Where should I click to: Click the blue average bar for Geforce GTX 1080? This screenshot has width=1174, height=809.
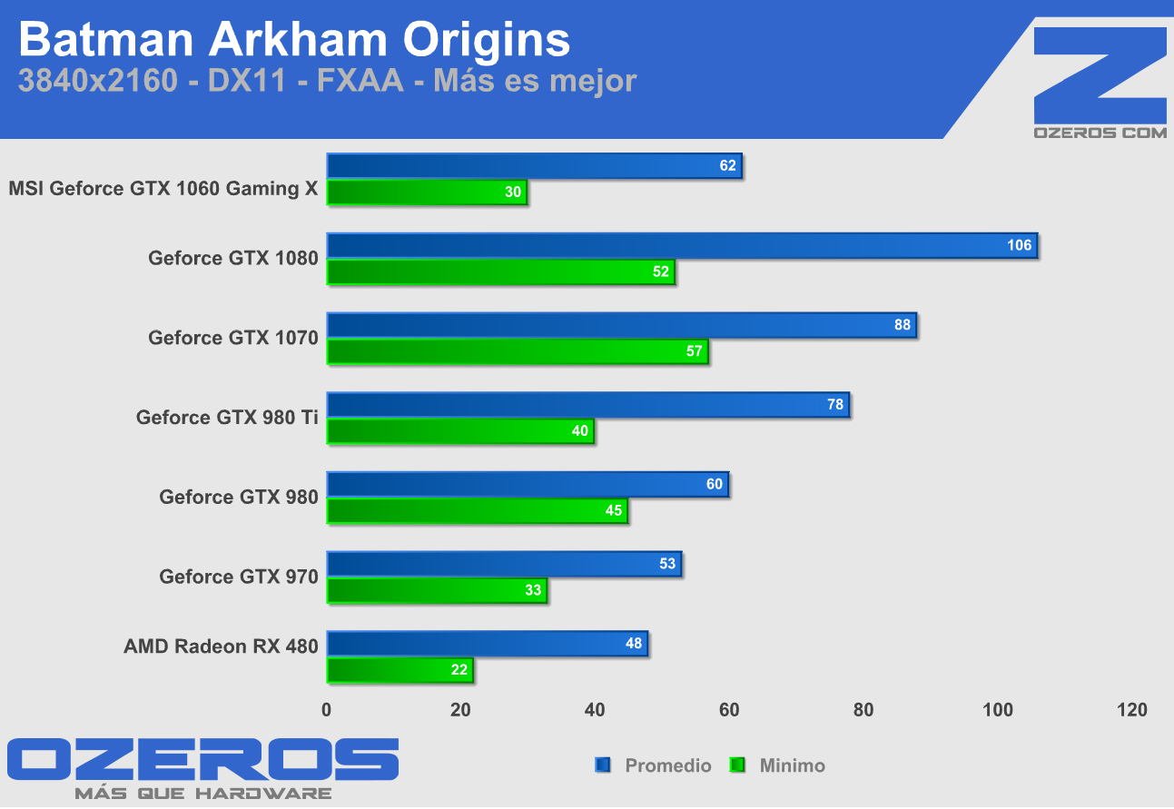[x=681, y=246]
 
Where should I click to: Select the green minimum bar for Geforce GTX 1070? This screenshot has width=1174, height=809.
[x=518, y=351]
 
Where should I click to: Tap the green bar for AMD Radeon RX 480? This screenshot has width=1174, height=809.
[x=400, y=671]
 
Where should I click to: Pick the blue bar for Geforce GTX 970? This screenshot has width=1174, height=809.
[x=504, y=565]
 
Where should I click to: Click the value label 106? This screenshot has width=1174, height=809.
[x=1019, y=246]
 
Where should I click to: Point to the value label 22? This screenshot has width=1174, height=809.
[x=459, y=671]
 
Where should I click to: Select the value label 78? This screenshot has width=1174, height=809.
[x=835, y=405]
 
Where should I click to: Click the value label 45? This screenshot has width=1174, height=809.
[x=614, y=511]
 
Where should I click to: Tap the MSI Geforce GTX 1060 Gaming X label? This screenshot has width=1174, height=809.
[x=163, y=189]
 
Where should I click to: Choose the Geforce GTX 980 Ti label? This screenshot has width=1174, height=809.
[x=227, y=418]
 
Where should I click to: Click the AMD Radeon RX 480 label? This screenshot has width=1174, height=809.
[x=221, y=646]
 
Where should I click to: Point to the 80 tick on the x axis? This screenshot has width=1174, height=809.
[x=863, y=710]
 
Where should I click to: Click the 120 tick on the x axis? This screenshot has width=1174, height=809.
[x=1132, y=710]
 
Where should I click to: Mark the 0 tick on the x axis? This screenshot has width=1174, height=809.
[x=327, y=710]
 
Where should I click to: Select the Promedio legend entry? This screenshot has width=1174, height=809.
[x=667, y=765]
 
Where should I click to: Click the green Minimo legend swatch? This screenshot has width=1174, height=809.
[x=738, y=765]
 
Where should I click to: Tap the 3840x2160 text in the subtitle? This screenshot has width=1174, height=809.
[x=97, y=82]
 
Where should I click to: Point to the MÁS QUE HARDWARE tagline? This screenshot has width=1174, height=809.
[x=202, y=794]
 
